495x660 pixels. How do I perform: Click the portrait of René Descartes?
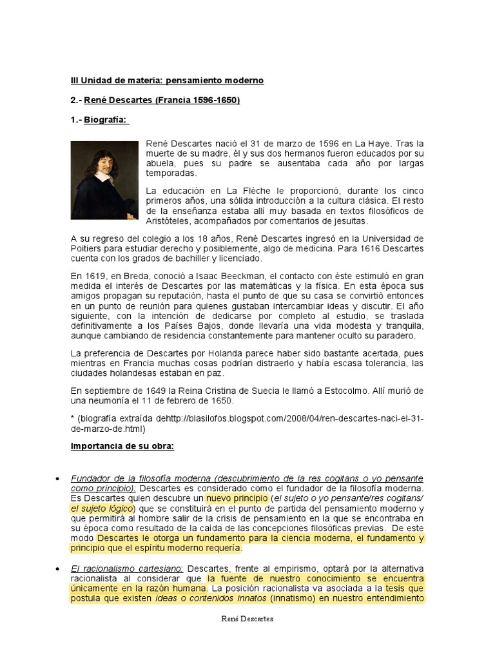pyautogui.click(x=104, y=180)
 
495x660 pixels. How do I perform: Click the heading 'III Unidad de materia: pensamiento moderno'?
pyautogui.click(x=167, y=81)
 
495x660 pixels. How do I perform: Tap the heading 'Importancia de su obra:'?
pyautogui.click(x=122, y=447)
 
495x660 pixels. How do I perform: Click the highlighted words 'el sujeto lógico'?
pyautogui.click(x=102, y=509)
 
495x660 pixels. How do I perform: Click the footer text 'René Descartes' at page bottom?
pyautogui.click(x=247, y=619)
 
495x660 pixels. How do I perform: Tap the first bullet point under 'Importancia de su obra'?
pyautogui.click(x=59, y=479)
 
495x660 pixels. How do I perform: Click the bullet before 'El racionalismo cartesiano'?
pyautogui.click(x=59, y=568)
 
